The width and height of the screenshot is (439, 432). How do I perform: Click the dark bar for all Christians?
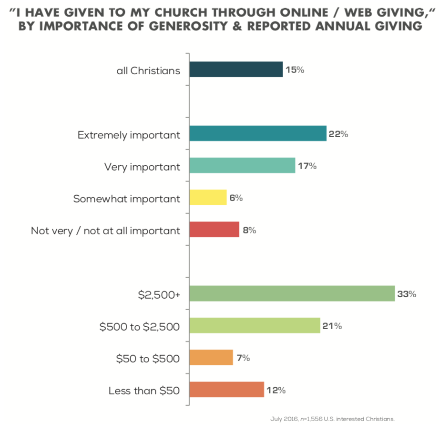pyautogui.click(x=236, y=70)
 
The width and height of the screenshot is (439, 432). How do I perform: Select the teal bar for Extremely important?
pyautogui.click(x=257, y=134)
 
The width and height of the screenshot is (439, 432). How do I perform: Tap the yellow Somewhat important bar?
pyautogui.click(x=208, y=197)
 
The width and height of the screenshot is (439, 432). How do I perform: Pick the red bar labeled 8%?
pyautogui.click(x=214, y=230)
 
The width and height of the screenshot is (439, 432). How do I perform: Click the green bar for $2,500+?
pyautogui.click(x=292, y=294)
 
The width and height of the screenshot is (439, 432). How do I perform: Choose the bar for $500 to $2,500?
pyautogui.click(x=255, y=326)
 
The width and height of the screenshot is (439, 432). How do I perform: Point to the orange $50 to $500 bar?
pyautogui.click(x=211, y=357)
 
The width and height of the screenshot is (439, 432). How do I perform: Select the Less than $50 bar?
pyautogui.click(x=226, y=390)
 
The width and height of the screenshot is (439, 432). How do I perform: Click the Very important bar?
pyautogui.click(x=242, y=166)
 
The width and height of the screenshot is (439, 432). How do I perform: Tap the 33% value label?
pyautogui.click(x=407, y=294)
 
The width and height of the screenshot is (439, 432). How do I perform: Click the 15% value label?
pyautogui.click(x=295, y=70)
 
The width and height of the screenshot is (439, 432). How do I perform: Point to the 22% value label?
pyautogui.click(x=338, y=134)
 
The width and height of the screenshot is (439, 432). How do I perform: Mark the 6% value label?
pyautogui.click(x=236, y=198)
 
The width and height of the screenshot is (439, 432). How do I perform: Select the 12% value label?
pyautogui.click(x=276, y=390)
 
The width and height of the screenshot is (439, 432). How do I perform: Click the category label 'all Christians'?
pyautogui.click(x=148, y=70)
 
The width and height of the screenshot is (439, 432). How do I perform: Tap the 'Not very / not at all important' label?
pyautogui.click(x=105, y=231)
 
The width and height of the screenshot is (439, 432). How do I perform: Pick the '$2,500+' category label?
pyautogui.click(x=159, y=295)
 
